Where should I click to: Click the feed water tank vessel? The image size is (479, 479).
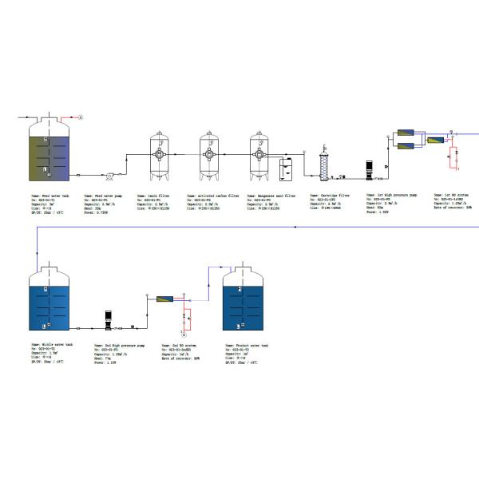click(48, 152)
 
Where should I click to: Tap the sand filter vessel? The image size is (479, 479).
click(160, 155)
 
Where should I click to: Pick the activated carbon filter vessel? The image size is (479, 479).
click(210, 155)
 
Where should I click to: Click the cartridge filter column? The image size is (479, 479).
click(324, 163)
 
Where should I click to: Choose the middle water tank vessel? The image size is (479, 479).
click(47, 299)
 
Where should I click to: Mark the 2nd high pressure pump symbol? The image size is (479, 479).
click(109, 320)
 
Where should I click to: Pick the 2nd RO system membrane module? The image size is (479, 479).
click(165, 299)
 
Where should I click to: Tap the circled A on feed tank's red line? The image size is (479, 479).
click(81, 117)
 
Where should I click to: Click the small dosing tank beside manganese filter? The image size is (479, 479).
click(288, 167)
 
